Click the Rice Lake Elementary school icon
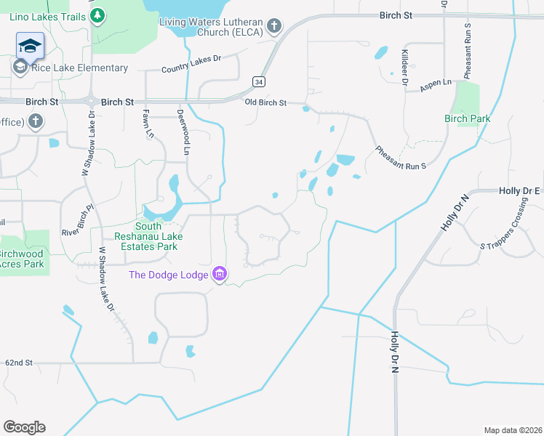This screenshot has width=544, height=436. [x=20, y=68]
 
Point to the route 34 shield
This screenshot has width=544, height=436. [x=258, y=81]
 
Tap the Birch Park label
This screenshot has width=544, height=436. [x=468, y=118]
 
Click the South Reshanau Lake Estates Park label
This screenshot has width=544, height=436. [x=147, y=236]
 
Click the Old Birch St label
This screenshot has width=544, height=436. [x=266, y=103]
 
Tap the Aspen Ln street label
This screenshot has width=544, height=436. [x=436, y=85]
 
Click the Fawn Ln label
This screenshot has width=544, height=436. [x=148, y=124]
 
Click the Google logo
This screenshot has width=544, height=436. [x=25, y=427]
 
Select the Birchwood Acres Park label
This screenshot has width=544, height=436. [x=22, y=259]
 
